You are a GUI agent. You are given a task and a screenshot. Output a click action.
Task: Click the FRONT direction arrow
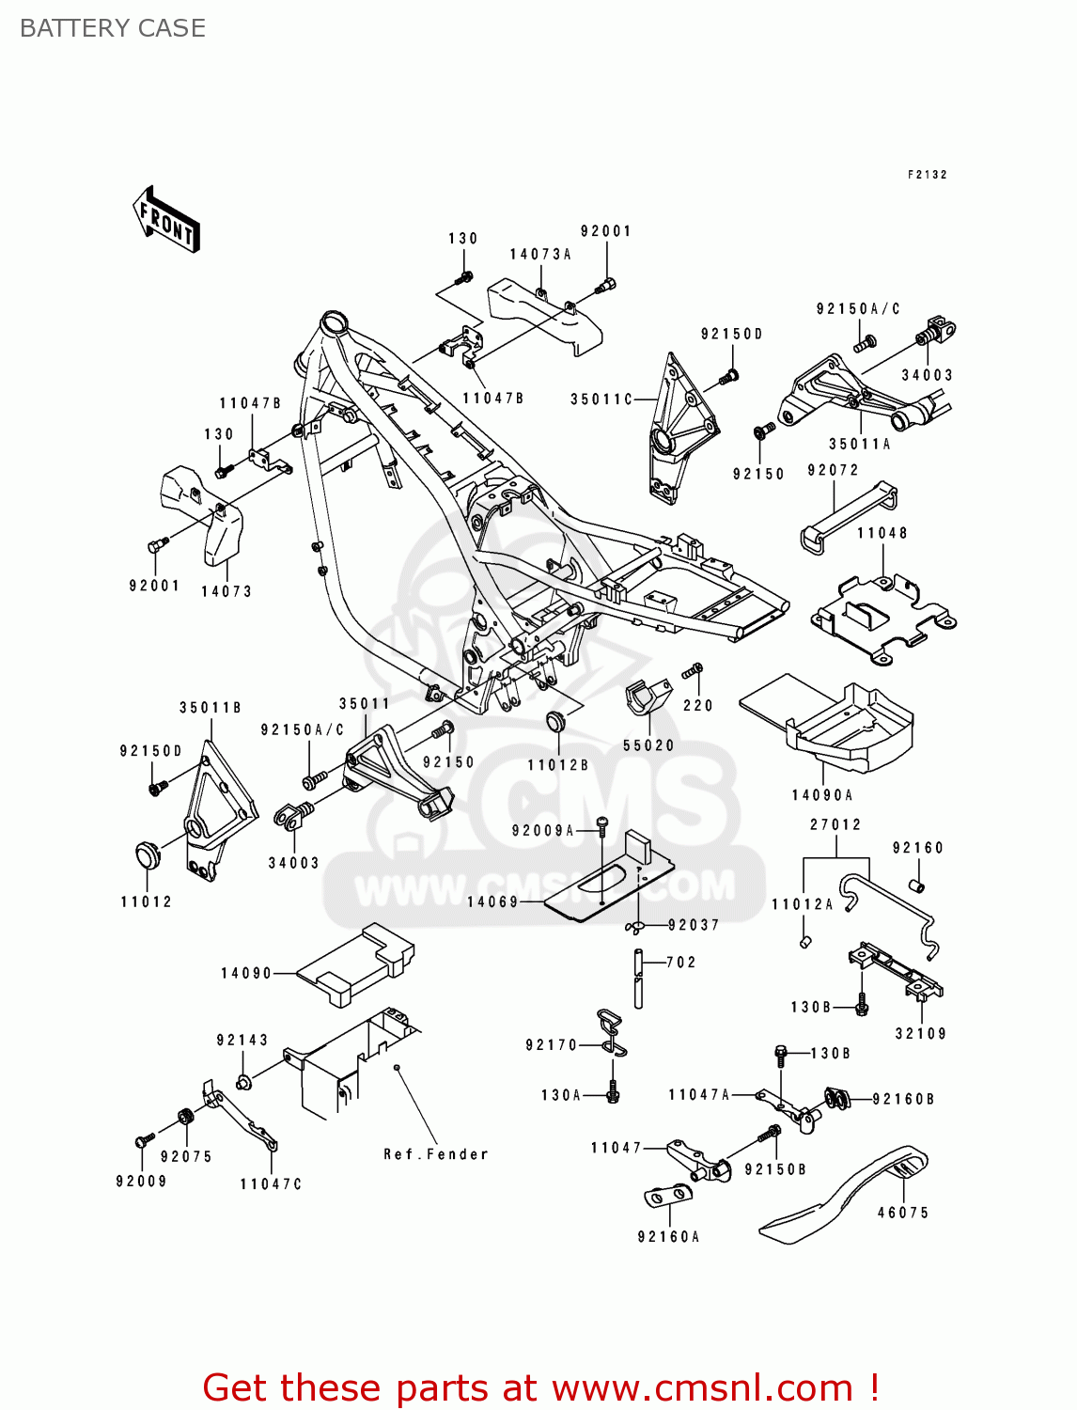click(167, 220)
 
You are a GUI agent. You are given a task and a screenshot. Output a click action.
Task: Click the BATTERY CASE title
click(113, 28)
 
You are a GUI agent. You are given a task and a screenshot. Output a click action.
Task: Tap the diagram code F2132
click(927, 175)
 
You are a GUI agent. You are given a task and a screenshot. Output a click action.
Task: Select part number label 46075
click(902, 1213)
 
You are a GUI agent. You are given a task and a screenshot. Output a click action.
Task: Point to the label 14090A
click(822, 795)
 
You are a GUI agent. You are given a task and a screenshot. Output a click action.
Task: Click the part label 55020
click(648, 745)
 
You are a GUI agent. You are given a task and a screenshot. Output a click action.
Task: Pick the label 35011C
click(601, 399)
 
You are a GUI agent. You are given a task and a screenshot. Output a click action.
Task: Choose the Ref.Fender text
click(436, 1154)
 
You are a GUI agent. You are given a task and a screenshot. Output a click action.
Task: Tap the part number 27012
click(835, 824)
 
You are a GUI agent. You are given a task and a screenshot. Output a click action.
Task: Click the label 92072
click(833, 470)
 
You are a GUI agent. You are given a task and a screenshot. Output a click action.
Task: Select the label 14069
click(492, 901)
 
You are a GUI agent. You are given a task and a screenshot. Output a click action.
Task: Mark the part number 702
click(681, 963)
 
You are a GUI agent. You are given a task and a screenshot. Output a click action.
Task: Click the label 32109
click(921, 1033)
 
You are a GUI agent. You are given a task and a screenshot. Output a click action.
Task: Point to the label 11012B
click(557, 765)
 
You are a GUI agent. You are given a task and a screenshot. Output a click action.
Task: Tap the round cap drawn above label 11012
click(148, 856)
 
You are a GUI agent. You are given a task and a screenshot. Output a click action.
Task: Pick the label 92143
click(242, 1040)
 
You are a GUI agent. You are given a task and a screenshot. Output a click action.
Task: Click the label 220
click(698, 705)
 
